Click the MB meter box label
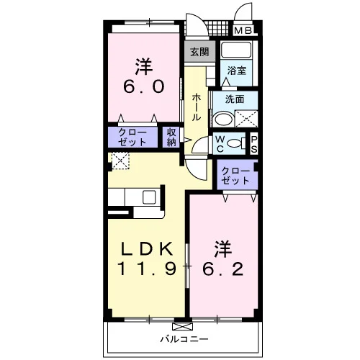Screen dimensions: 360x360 point(243,30)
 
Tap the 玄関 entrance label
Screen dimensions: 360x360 point(199,52)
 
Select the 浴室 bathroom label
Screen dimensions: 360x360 point(236,71)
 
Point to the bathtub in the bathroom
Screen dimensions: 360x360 point(236,50)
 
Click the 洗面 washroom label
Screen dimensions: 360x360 point(235,99)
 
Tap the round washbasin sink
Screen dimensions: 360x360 point(224,120)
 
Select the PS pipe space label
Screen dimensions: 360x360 point(254,145)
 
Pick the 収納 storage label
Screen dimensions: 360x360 point(171,138)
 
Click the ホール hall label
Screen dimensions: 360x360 point(197,107)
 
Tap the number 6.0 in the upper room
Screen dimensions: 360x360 point(143,86)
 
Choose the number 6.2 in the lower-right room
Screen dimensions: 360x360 point(222,269)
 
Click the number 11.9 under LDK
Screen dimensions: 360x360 point(147,269)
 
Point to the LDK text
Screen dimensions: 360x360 point(147,248)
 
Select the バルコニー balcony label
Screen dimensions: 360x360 point(184,339)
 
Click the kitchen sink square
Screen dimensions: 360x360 point(149,197)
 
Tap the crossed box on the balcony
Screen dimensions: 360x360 point(183,327)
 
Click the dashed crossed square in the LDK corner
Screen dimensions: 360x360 point(121,161)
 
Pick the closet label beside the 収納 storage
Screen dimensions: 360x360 point(132,138)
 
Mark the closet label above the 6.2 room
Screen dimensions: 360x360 point(235,176)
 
